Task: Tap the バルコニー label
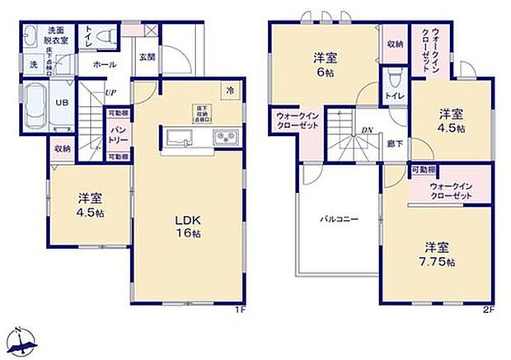(339, 219)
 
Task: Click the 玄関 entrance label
(147, 57)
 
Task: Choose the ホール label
(103, 63)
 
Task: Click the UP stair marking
(110, 92)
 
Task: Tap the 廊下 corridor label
(395, 143)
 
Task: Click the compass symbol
(23, 342)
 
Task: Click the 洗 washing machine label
(35, 63)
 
